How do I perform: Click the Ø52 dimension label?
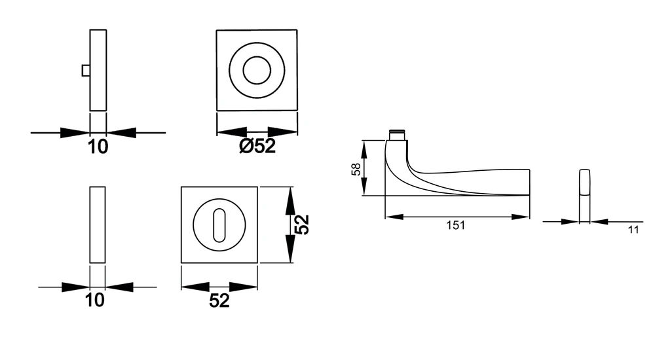click(257, 146)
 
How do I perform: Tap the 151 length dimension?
click(455, 226)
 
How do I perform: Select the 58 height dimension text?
click(356, 169)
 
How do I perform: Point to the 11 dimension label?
click(633, 230)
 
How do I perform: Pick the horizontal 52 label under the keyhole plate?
click(219, 300)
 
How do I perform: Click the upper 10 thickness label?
click(98, 147)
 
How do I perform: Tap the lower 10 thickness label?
click(95, 300)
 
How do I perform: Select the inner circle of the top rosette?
click(257, 70)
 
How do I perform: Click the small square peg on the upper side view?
click(86, 71)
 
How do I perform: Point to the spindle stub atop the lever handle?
click(398, 135)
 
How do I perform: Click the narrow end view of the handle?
click(584, 195)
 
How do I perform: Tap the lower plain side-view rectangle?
click(98, 225)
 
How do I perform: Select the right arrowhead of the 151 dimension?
click(521, 217)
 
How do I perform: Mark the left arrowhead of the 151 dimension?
click(394, 217)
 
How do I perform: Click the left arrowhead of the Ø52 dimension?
click(233, 132)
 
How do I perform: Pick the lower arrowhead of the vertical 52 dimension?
click(290, 249)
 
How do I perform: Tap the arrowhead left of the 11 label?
click(570, 222)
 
